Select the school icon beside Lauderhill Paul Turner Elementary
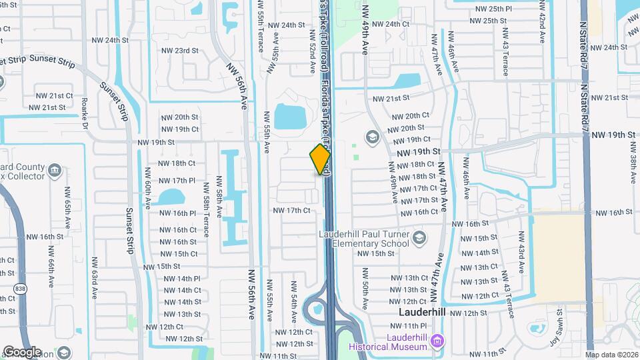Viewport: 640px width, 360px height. [419, 237]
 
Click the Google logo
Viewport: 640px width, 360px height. [21, 352]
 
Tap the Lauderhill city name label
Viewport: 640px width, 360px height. [425, 312]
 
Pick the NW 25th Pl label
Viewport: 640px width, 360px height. [493, 9]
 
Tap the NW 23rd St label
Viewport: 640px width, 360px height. [180, 51]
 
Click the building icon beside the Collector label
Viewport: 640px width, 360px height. [55, 171]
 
